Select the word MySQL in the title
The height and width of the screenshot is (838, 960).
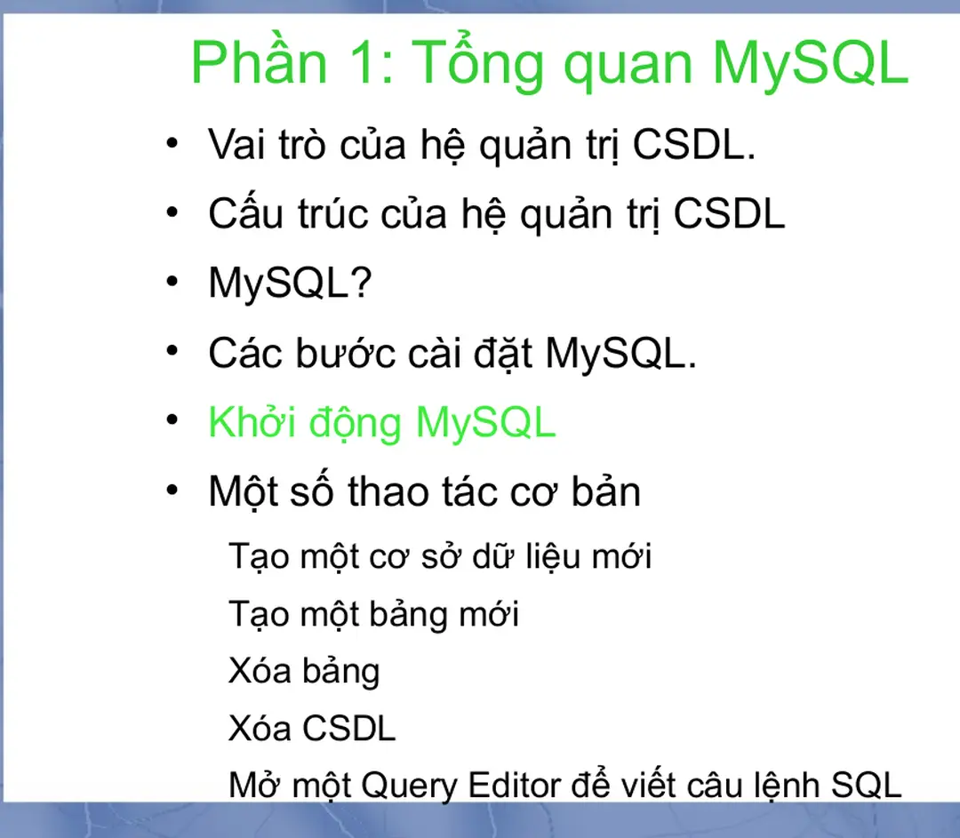pyautogui.click(x=810, y=63)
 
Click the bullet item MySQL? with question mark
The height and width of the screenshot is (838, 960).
pyautogui.click(x=289, y=283)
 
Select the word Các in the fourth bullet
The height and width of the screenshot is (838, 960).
pyautogui.click(x=243, y=353)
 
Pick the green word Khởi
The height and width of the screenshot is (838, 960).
pyautogui.click(x=251, y=422)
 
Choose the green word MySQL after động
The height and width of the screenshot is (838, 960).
pyautogui.click(x=485, y=422)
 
